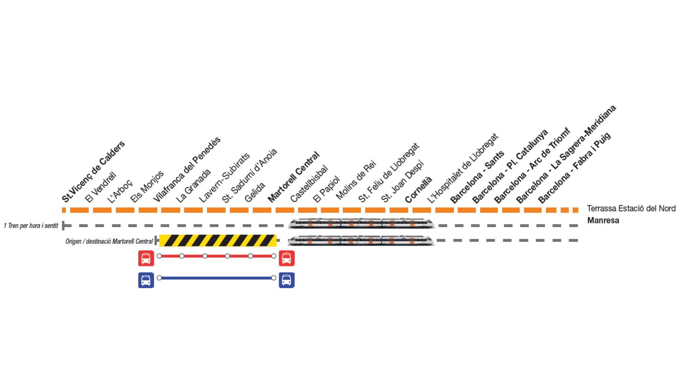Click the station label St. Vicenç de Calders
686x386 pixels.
93,172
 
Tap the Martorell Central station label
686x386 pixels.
293,177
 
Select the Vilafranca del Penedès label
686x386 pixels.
187,169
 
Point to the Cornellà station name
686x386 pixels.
418,189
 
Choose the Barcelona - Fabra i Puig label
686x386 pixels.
574,168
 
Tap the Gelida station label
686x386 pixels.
255,192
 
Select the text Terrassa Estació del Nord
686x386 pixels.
631,208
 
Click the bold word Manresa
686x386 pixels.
603,220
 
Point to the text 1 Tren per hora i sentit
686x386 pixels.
31,226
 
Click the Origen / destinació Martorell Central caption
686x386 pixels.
109,241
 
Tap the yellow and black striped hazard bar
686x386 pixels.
218,241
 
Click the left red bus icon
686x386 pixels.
146,258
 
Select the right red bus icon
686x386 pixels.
287,258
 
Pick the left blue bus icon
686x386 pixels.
146,280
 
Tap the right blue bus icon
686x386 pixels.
287,280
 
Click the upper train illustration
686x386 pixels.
361,223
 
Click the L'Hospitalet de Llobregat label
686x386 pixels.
463,168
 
